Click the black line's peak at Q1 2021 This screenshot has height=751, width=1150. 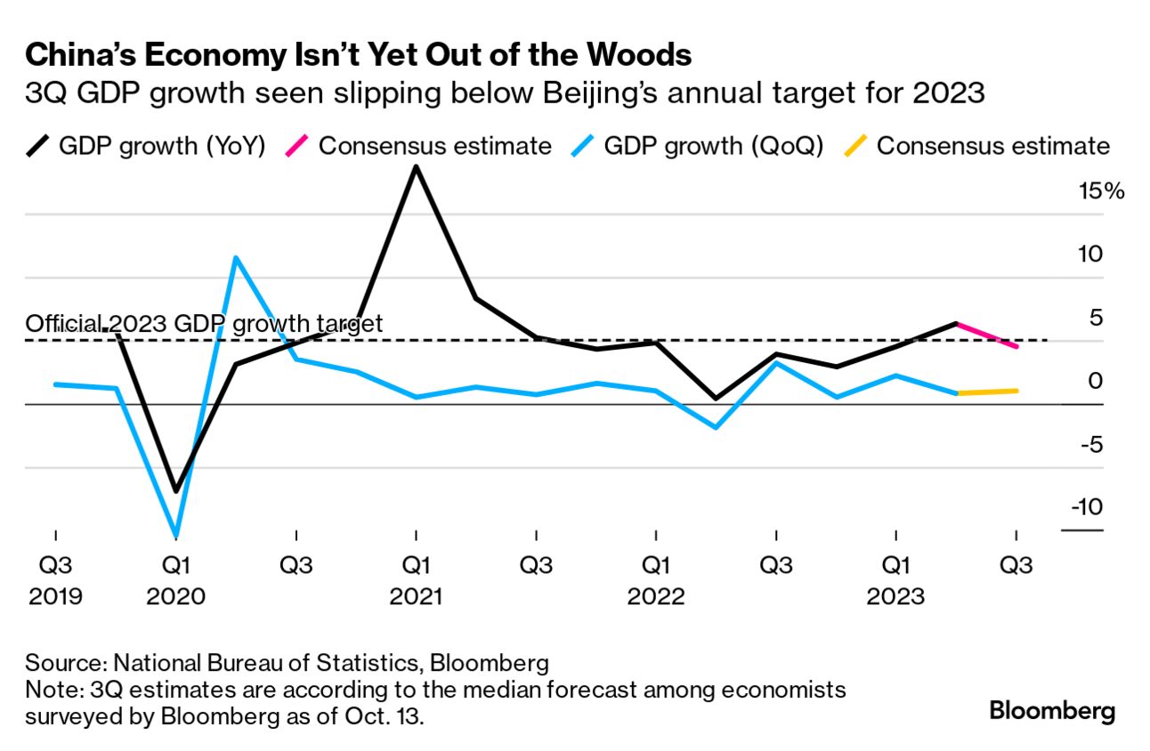[x=416, y=167]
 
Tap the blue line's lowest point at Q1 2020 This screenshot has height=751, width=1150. [x=176, y=536]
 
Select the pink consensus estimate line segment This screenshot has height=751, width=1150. [x=986, y=335]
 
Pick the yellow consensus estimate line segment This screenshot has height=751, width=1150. [x=986, y=392]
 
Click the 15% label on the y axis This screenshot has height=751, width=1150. [x=1102, y=190]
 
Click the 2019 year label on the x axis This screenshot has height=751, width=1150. [x=55, y=595]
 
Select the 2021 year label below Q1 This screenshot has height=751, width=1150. [x=416, y=595]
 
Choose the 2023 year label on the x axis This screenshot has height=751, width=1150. [x=895, y=595]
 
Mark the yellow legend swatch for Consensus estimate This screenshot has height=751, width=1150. [x=854, y=146]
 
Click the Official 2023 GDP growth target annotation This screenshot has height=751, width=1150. [x=205, y=323]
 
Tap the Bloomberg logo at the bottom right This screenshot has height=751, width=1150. [x=1052, y=712]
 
